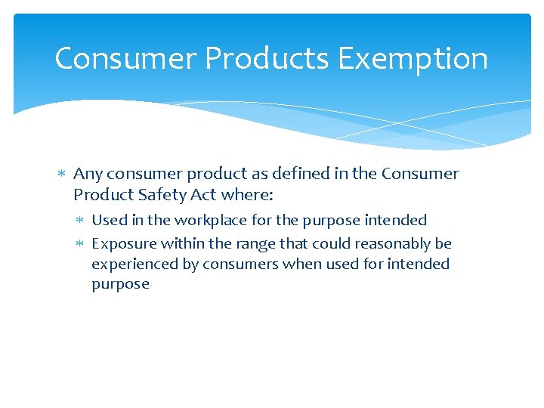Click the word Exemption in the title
coord(413,59)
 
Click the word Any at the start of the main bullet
coord(88,174)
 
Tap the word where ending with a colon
coord(247,195)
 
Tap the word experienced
coord(131,264)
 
